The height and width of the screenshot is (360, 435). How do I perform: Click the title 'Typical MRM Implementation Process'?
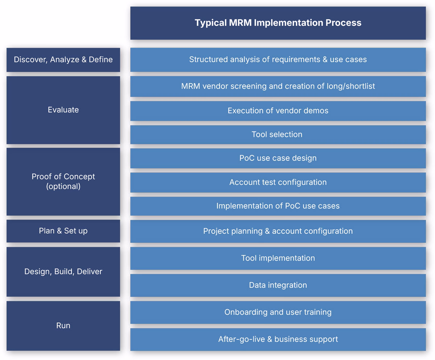point(278,22)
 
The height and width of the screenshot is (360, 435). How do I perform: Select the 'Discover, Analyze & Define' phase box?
point(63,60)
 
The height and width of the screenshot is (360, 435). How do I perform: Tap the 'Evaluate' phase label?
point(63,110)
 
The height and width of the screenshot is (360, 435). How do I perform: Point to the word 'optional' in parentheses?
point(63,187)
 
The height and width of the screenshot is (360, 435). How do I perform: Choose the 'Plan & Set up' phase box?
point(63,231)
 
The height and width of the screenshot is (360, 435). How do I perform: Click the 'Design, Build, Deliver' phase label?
point(63,271)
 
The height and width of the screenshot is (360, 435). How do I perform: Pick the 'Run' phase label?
point(63,326)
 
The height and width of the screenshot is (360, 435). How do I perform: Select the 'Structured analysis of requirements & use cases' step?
point(278,60)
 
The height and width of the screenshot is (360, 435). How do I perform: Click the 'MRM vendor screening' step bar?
point(278,86)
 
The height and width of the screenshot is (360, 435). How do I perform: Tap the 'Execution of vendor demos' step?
point(278,111)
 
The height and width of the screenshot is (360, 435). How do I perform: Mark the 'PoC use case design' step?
point(278,158)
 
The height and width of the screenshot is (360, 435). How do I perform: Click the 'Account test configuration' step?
point(278,182)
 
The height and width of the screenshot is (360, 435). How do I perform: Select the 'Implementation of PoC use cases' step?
point(278,206)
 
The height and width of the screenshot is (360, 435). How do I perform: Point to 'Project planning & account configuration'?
point(278,231)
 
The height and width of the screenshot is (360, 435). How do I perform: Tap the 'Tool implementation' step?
point(278,258)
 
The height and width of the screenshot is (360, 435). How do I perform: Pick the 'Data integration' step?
point(278,285)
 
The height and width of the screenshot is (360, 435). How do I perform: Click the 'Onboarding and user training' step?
point(278,312)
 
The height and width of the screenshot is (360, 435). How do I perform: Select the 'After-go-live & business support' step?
point(278,339)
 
